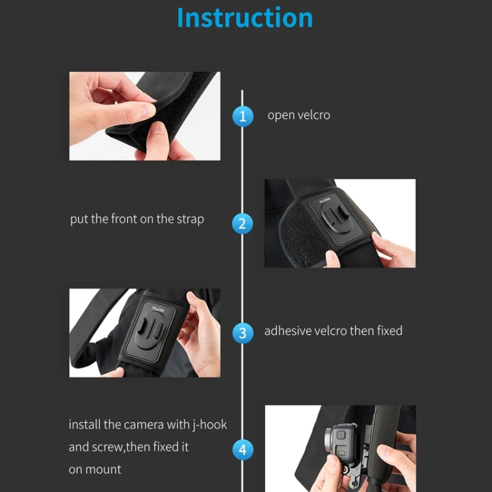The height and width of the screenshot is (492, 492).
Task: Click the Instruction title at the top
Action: (245, 18)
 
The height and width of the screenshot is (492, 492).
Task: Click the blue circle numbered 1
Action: (243, 117)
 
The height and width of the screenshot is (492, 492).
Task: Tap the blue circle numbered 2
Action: (243, 224)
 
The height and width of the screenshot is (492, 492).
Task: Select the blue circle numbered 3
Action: (243, 333)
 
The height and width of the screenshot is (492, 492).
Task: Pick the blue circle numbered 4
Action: (243, 450)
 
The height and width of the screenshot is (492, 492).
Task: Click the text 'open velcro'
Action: (298, 115)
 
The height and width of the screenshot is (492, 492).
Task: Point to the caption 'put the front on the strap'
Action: (136, 219)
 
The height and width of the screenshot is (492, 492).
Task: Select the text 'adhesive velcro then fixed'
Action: (333, 331)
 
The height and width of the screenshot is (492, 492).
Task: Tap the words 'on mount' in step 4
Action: (95, 469)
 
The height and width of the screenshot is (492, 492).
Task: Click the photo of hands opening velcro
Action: (144, 116)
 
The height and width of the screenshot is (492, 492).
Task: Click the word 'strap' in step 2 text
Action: (190, 219)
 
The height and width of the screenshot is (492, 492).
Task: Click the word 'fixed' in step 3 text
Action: (390, 331)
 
